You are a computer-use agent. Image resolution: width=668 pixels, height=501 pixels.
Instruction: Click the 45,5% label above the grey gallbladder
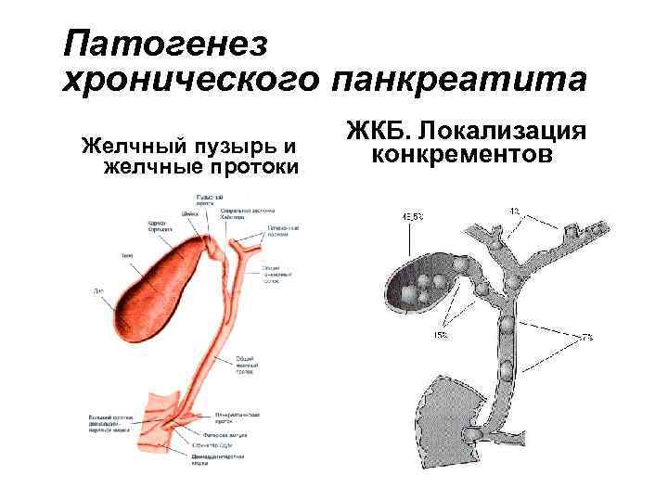click(x=413, y=216)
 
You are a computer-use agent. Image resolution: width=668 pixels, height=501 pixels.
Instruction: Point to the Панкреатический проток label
click(x=237, y=416)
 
